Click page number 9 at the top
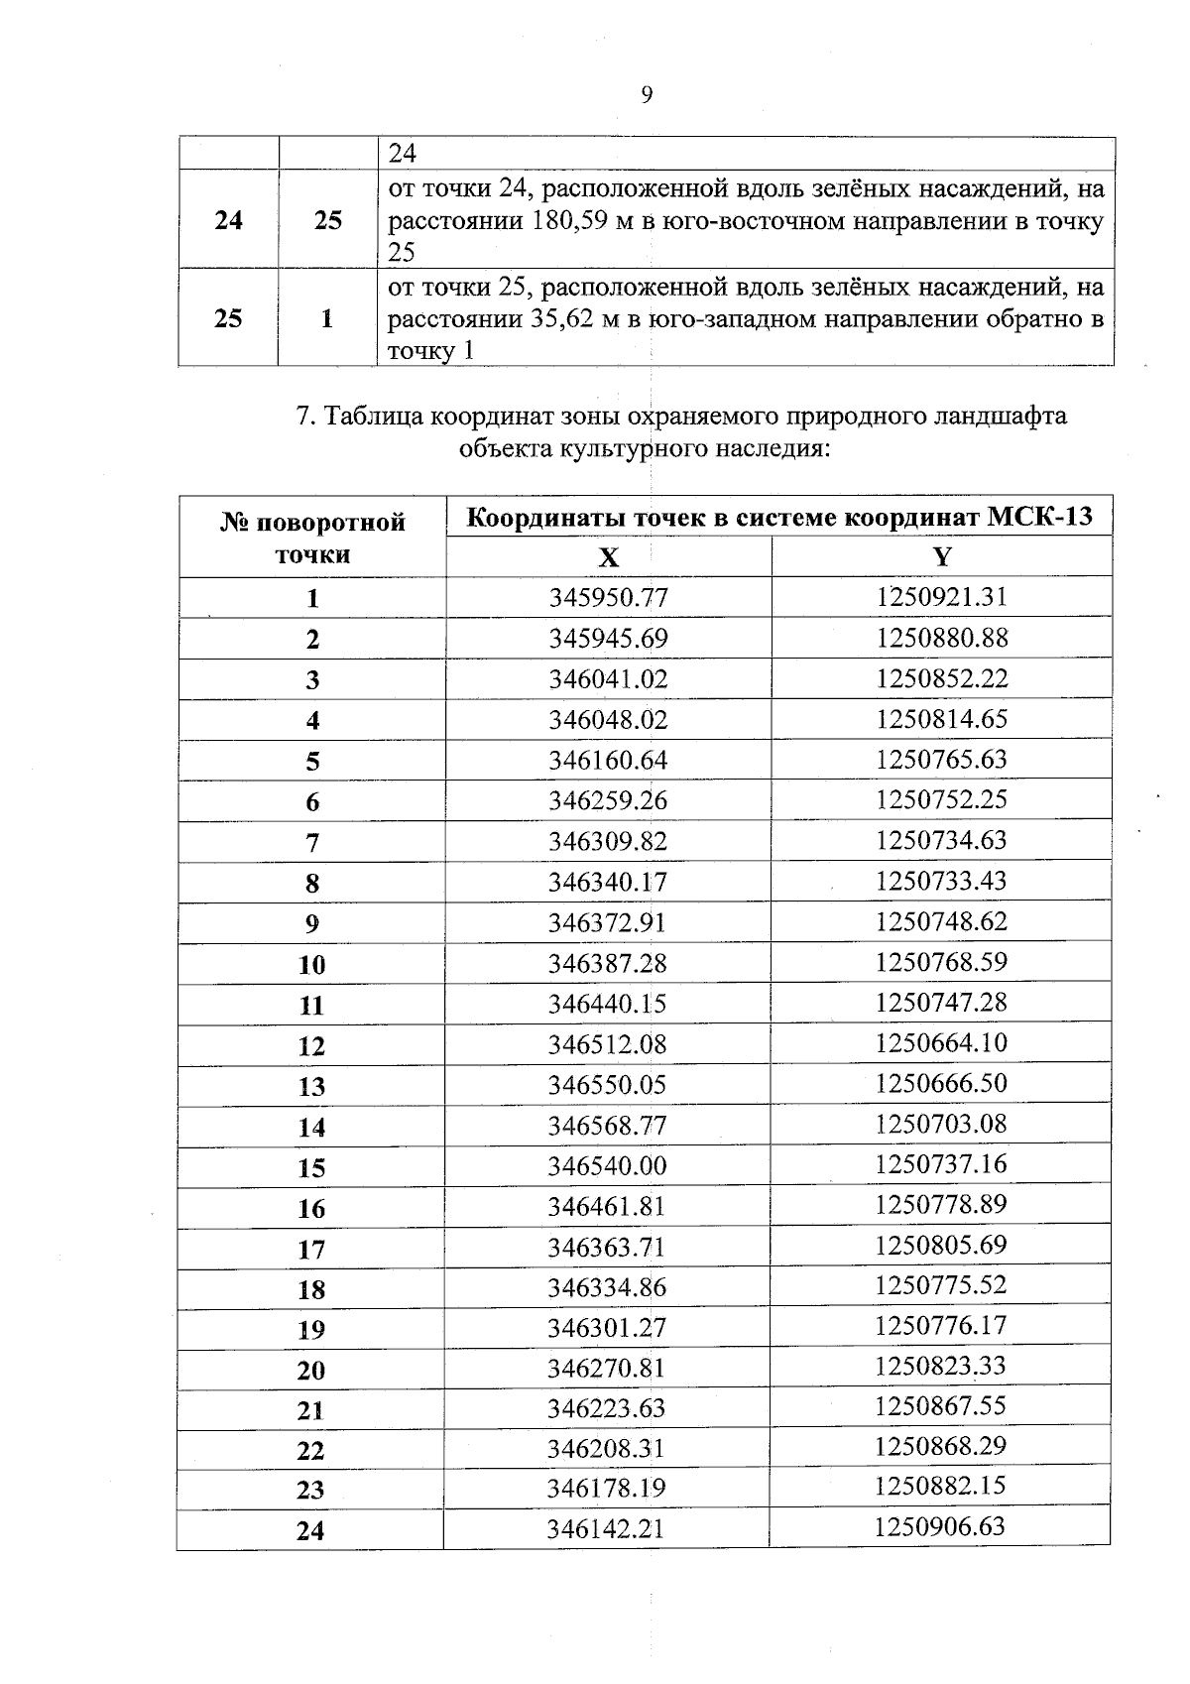647,95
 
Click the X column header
609,557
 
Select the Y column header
941,556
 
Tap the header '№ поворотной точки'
312,538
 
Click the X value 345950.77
609,598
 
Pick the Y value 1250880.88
941,638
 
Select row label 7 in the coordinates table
312,843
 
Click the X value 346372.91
608,922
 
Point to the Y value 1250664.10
941,1043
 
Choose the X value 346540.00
608,1165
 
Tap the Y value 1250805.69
940,1245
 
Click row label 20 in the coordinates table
311,1371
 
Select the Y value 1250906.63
939,1526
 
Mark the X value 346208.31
607,1449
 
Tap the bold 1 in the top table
328,319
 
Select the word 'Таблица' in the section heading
372,417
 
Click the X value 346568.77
608,1126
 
